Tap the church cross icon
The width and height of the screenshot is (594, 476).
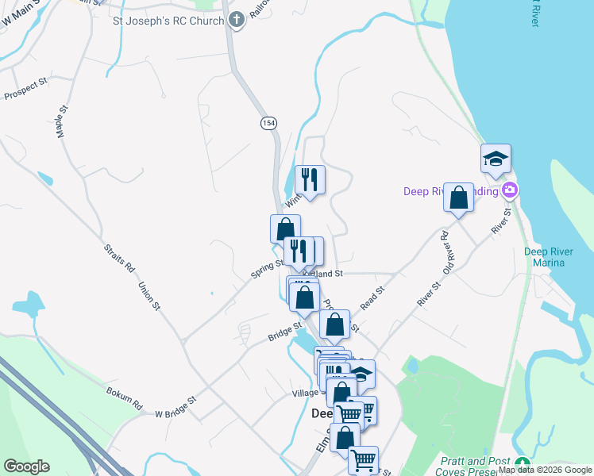(237, 20)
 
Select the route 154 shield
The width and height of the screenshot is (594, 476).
(268, 123)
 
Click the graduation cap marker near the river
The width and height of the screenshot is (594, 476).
(496, 159)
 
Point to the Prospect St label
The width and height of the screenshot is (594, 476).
(26, 87)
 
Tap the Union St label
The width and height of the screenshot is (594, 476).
(149, 295)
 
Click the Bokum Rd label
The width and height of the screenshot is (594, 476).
(124, 397)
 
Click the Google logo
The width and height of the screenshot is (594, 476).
(26, 466)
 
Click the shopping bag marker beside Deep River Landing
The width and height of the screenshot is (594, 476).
(459, 198)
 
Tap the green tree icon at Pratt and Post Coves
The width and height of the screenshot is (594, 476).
(522, 463)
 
